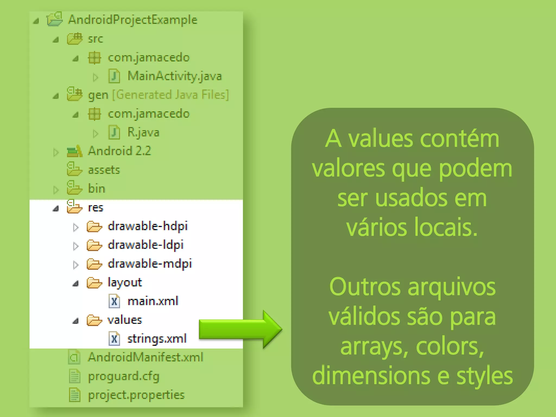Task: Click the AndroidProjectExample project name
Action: point(132,20)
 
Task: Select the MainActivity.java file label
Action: point(175,76)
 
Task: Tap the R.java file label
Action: point(143,132)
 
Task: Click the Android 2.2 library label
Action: point(119,151)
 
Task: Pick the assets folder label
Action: point(104,170)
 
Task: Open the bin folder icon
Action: point(74,188)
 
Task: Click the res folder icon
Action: point(74,207)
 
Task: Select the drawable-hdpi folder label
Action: point(148,226)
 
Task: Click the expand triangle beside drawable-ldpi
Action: point(76,246)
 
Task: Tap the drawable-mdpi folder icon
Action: point(94,264)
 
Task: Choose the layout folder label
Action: point(125,283)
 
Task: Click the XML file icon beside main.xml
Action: point(114,301)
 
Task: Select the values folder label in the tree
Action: point(125,320)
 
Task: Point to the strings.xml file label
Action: point(157,339)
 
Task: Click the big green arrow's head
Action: point(271,329)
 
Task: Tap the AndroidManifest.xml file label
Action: point(146,358)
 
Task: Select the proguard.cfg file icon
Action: point(74,376)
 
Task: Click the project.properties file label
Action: point(136,395)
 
